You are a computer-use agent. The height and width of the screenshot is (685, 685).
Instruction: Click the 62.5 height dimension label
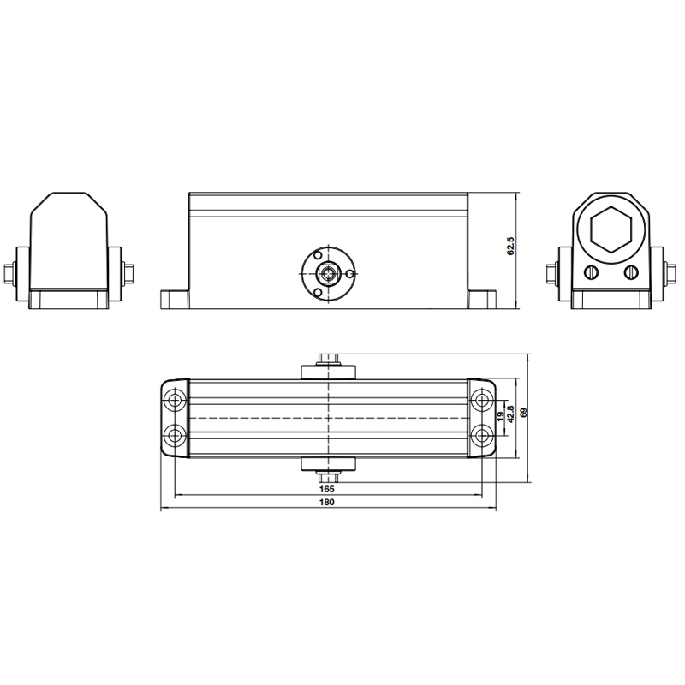click(511, 246)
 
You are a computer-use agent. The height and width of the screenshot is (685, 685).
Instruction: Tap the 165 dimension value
click(327, 488)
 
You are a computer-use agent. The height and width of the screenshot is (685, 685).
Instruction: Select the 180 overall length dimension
click(327, 502)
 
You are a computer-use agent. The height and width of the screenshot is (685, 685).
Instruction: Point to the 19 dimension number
click(501, 415)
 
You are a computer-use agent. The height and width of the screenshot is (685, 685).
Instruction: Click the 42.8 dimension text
click(510, 414)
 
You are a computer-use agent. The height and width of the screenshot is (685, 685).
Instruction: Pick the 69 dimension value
click(524, 413)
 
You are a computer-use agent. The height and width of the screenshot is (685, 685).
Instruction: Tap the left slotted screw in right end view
click(591, 272)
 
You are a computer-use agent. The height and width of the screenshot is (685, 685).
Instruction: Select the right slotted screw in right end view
click(631, 272)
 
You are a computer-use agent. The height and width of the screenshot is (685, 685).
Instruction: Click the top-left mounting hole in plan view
click(176, 400)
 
